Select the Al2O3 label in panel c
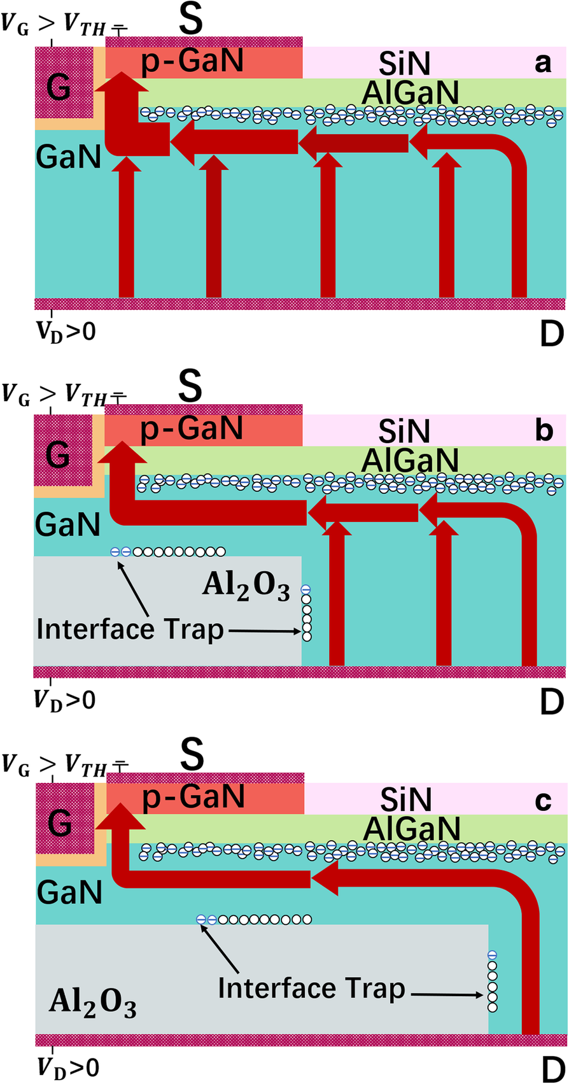click(x=92, y=1005)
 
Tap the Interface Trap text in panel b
click(x=130, y=630)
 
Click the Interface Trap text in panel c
click(x=311, y=989)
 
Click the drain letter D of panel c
click(x=551, y=1069)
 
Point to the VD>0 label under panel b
click(x=64, y=700)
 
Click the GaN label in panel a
click(x=69, y=156)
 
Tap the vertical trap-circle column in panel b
click(x=306, y=613)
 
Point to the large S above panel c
click(x=191, y=754)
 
